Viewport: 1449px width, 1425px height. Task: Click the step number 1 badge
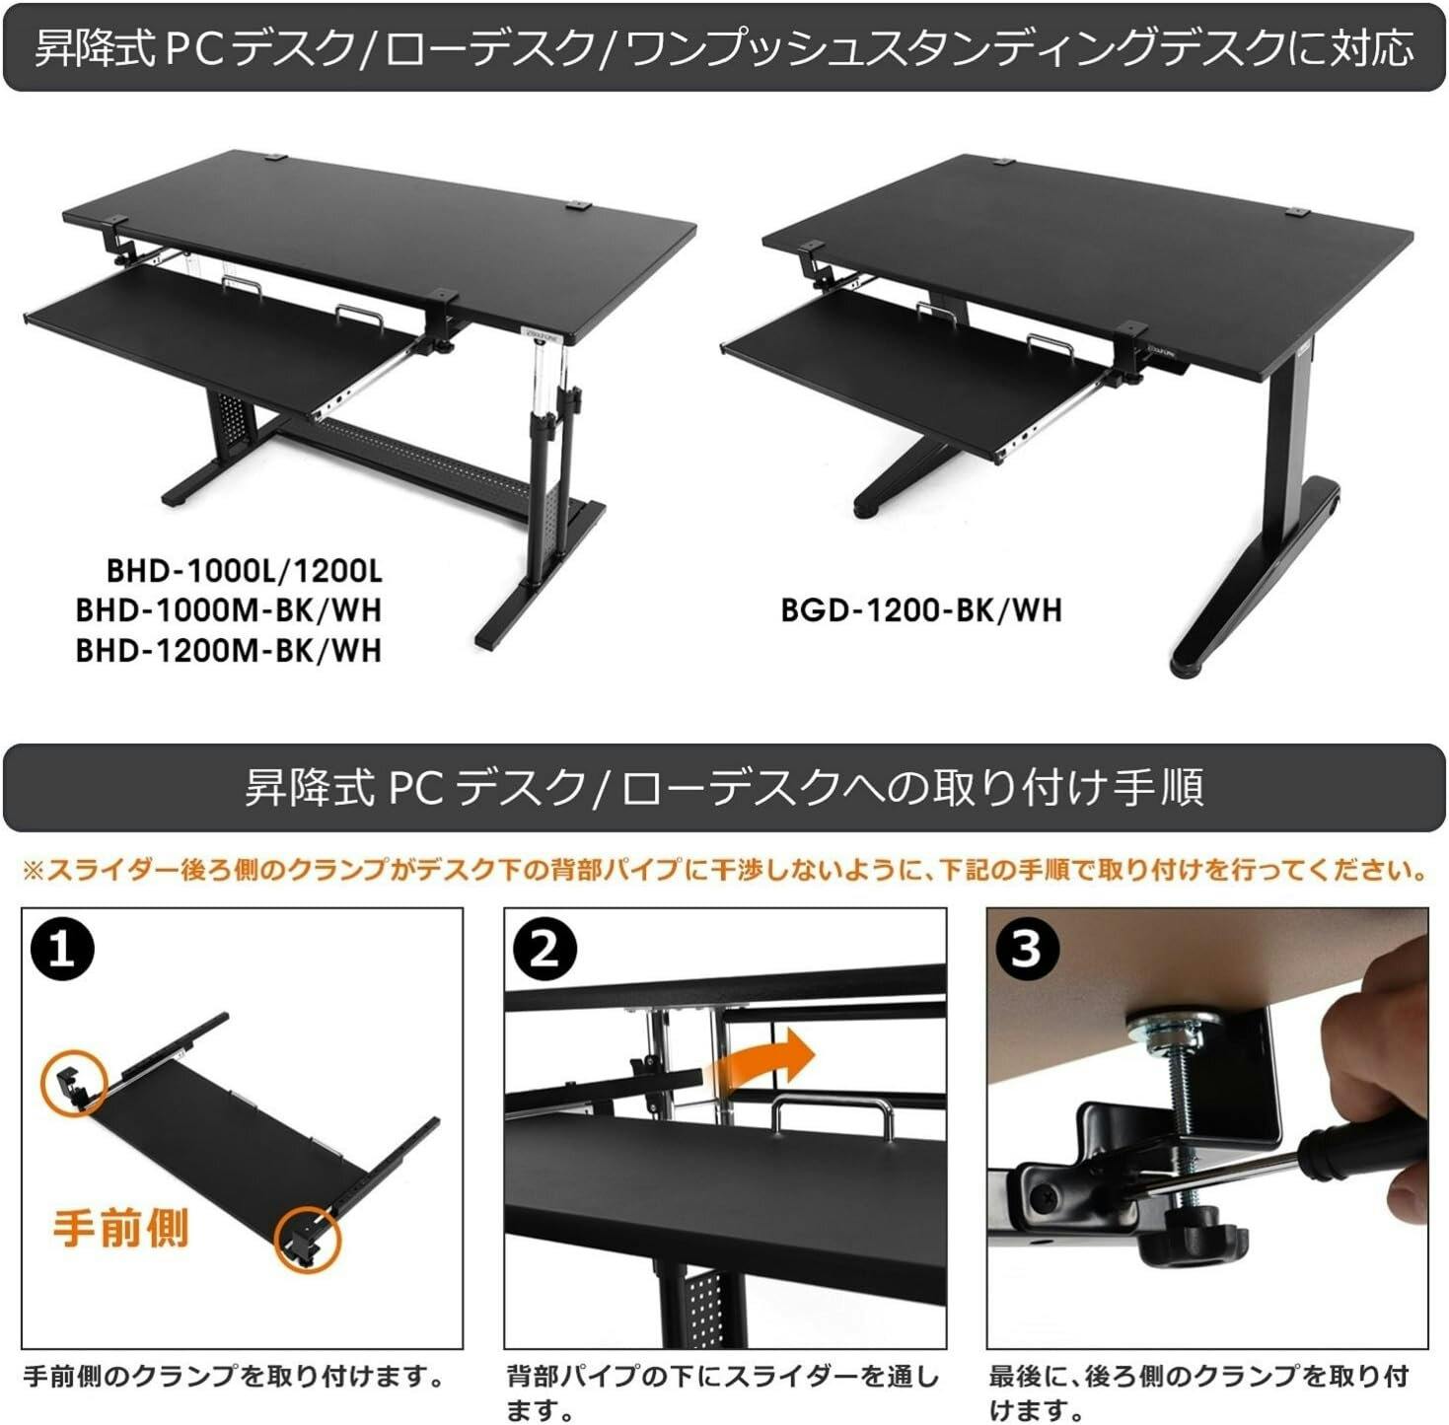coord(62,950)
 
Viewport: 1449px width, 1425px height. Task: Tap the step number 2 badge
coord(544,950)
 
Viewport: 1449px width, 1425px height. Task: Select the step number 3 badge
coord(1027,950)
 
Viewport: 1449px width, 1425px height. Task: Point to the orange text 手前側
coord(119,1230)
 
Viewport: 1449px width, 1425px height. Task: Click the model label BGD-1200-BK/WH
coord(921,610)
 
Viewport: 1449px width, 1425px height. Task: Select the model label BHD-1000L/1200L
coord(244,571)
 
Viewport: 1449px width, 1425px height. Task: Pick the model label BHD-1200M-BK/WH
coord(229,651)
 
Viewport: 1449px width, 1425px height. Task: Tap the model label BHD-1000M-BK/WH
coord(229,610)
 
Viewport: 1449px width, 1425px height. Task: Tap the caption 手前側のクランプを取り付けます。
coord(233,1376)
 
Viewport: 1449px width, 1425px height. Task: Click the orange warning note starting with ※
coord(724,870)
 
